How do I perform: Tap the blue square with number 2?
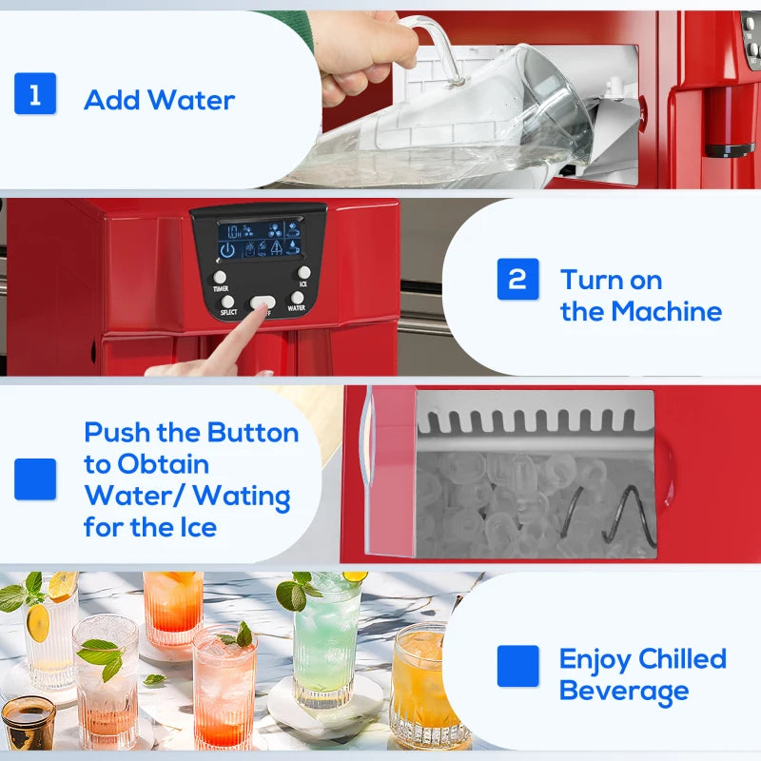pos(517,279)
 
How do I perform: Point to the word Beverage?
pos(623,692)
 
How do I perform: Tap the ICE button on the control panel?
pos(303,273)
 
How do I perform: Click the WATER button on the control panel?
pos(297,298)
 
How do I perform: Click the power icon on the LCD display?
pos(227,250)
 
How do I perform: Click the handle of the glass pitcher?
pos(439,43)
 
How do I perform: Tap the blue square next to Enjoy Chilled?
pos(517,666)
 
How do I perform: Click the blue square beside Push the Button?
pos(35,478)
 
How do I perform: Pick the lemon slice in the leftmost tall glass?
pos(38,623)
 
